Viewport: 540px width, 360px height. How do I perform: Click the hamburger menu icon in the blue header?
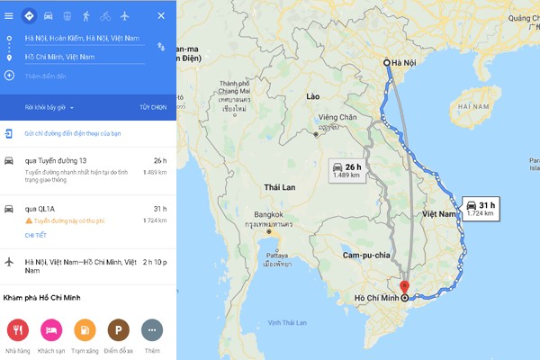click(x=9, y=15)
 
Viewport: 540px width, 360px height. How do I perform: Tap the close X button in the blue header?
click(x=161, y=15)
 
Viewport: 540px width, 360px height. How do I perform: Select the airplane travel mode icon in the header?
click(x=124, y=15)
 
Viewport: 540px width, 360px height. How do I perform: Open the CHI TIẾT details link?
click(x=35, y=235)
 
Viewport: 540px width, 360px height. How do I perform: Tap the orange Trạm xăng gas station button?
click(x=85, y=329)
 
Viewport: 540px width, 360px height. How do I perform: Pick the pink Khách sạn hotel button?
click(x=51, y=329)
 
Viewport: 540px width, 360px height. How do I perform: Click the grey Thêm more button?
click(x=151, y=329)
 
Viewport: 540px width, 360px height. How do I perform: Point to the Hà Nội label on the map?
click(x=406, y=62)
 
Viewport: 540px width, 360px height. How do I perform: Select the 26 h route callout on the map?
click(x=347, y=171)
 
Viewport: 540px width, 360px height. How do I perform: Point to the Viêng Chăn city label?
click(x=337, y=117)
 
